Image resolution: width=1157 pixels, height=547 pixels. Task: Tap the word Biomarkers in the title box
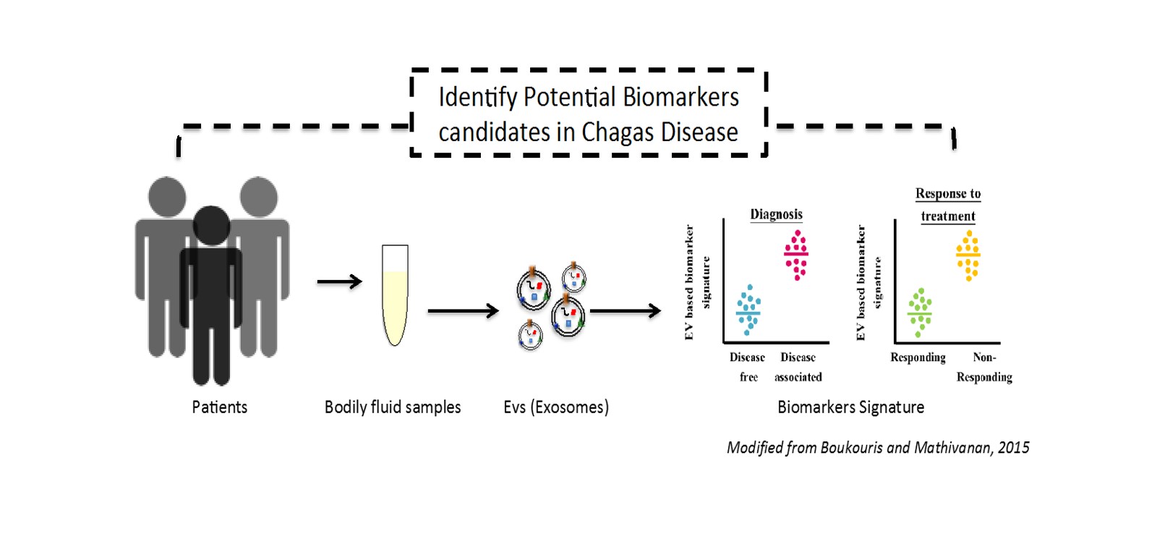pos(680,97)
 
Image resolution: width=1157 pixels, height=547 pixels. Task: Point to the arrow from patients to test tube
pos(339,281)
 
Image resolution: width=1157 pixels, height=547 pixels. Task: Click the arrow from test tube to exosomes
pos(463,311)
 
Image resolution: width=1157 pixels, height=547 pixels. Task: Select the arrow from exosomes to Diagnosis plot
pos(626,311)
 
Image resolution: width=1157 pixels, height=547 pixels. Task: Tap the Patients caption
pos(219,407)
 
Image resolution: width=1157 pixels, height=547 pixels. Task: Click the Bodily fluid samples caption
pos(393,407)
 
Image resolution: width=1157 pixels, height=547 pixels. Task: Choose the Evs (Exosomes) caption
pos(556,407)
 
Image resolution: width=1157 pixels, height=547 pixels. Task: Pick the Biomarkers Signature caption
pos(850,407)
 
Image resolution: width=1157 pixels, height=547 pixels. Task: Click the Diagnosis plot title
pos(776,214)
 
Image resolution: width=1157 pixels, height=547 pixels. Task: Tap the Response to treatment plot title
pos(948,205)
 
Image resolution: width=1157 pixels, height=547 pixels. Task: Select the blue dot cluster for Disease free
pos(748,310)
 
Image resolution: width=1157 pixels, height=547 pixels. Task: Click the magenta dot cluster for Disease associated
pos(796,255)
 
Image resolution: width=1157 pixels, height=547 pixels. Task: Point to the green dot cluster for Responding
pos(920,313)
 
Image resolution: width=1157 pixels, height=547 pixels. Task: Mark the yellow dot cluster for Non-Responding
pos(968,255)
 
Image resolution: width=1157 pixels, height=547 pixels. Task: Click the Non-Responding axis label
pos(984,367)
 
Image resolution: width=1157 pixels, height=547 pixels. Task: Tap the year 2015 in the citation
pos(1013,448)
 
